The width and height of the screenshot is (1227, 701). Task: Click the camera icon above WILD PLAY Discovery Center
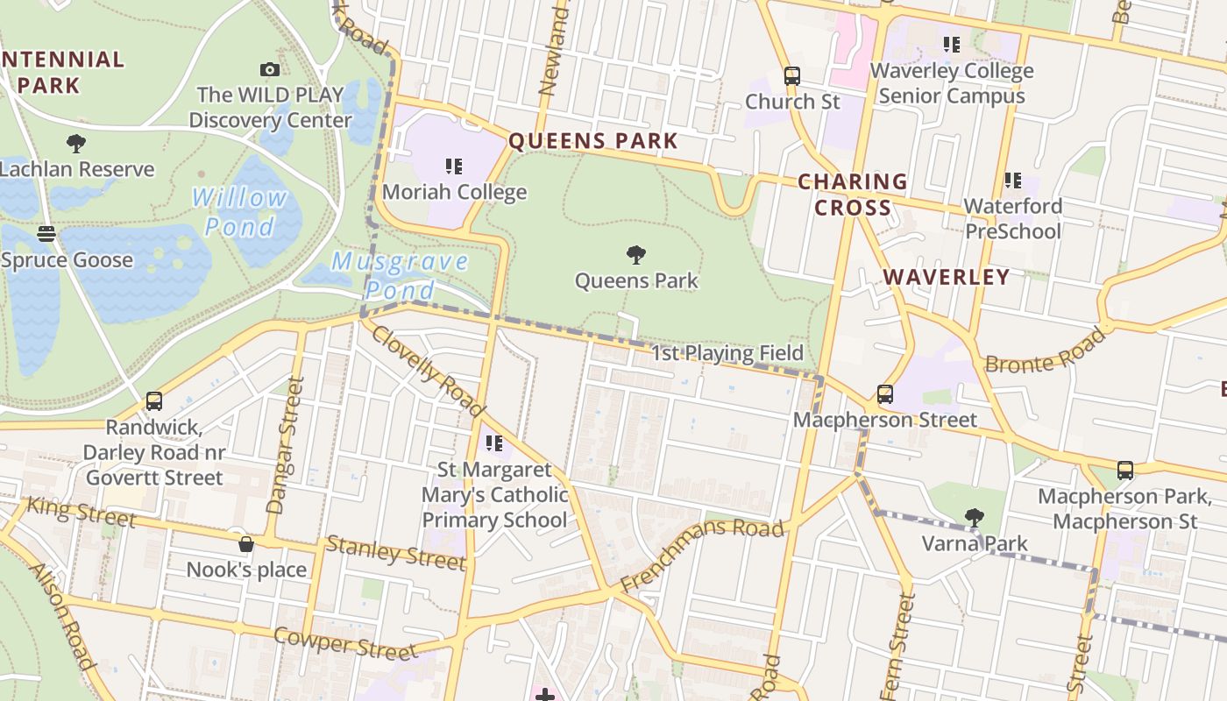[270, 69]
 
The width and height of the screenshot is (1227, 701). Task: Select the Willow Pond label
[240, 212]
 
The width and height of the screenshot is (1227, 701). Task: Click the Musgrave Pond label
[400, 275]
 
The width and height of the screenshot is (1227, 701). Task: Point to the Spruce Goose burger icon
[46, 234]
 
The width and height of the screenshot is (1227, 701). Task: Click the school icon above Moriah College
[453, 166]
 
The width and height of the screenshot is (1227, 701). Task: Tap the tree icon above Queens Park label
[636, 255]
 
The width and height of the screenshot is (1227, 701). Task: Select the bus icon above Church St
[792, 76]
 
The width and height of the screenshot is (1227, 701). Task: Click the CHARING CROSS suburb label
[852, 195]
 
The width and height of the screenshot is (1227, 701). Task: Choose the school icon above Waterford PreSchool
[1012, 181]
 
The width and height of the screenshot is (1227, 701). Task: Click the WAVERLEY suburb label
[947, 277]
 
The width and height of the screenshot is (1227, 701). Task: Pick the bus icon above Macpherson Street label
[885, 394]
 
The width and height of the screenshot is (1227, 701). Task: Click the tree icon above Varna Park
[974, 518]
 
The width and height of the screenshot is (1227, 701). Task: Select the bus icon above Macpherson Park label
[1125, 471]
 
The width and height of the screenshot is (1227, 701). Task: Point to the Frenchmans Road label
[702, 554]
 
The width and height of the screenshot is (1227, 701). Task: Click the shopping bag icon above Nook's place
[246, 544]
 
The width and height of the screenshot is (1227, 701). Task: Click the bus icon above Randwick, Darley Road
[154, 401]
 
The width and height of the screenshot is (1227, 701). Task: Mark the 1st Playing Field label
[727, 353]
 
